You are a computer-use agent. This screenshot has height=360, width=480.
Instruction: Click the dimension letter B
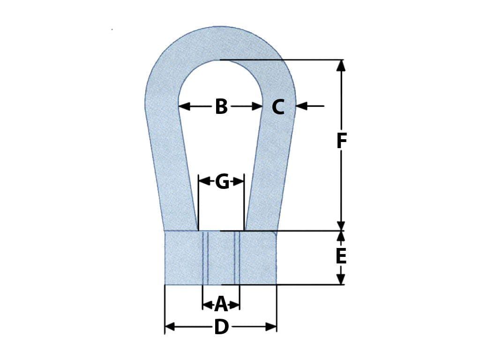(x=221, y=107)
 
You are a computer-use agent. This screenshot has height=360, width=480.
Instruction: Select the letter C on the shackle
(x=278, y=107)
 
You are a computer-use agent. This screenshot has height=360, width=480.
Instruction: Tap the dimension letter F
(x=341, y=141)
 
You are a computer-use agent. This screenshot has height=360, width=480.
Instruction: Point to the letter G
(x=222, y=182)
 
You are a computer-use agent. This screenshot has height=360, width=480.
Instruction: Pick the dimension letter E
(x=341, y=256)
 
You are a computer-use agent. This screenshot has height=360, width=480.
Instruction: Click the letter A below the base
(x=221, y=305)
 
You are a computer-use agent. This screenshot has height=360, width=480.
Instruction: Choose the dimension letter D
(x=221, y=327)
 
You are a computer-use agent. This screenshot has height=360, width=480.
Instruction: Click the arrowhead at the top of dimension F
(x=341, y=66)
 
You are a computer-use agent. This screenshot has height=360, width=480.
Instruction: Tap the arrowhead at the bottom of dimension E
(x=341, y=279)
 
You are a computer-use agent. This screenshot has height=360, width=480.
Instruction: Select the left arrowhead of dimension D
(x=170, y=327)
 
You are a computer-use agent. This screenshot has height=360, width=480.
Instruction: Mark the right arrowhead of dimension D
(x=271, y=327)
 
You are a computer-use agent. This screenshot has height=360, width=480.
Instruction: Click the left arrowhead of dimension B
(x=184, y=106)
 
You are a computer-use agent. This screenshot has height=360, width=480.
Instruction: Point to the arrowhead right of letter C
(x=301, y=106)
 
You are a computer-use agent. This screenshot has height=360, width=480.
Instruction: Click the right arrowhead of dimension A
(x=236, y=305)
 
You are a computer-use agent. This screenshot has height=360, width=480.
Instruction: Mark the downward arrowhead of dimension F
(x=341, y=225)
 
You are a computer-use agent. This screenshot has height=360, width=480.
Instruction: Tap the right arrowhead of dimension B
(x=257, y=106)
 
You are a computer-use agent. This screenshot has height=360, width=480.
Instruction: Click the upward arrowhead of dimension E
(x=341, y=236)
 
